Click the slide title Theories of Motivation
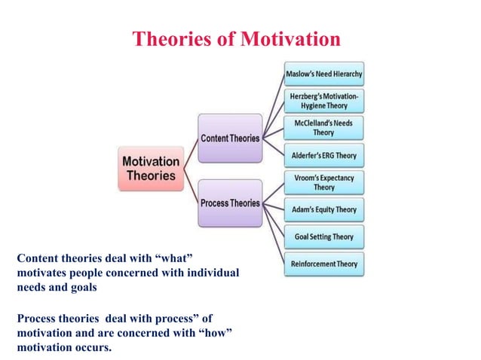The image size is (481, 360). pyautogui.click(x=236, y=38)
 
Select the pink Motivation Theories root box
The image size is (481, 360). pyautogui.click(x=152, y=168)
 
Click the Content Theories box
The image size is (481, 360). pyautogui.click(x=230, y=138)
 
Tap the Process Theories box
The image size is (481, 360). pyautogui.click(x=230, y=203)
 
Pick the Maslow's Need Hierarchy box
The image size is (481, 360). pyautogui.click(x=324, y=74)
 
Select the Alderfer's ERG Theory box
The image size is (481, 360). pyautogui.click(x=324, y=156)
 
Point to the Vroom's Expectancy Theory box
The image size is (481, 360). pyautogui.click(x=324, y=182)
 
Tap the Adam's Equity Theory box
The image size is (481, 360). pyautogui.click(x=324, y=209)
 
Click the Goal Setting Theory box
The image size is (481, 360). pyautogui.click(x=324, y=236)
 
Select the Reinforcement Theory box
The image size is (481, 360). pyautogui.click(x=324, y=264)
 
